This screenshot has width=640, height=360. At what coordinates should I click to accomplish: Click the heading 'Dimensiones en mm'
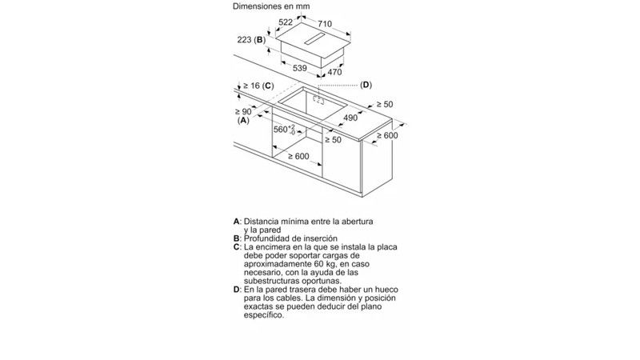coord(271,6)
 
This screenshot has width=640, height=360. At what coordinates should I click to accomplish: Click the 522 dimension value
coord(286,22)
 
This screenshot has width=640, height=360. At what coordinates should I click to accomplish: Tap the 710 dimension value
coord(325,24)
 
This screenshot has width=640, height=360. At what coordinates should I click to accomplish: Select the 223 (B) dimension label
coord(251,39)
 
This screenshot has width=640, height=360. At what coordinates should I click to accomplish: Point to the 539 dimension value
coord(299,68)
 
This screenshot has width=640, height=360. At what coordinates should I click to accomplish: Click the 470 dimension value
coord(334,72)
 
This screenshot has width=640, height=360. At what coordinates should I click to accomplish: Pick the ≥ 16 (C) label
coord(258,86)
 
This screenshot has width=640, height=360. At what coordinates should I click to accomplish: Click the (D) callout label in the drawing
coord(366,85)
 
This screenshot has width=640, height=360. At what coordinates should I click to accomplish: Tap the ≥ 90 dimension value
coord(243,111)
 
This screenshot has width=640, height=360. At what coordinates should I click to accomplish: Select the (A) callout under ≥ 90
coord(243,120)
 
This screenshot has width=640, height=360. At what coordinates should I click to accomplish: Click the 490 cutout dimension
coord(350,118)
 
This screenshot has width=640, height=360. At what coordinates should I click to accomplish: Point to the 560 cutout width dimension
coord(284,130)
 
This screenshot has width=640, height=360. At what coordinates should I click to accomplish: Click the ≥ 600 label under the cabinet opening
coord(298,156)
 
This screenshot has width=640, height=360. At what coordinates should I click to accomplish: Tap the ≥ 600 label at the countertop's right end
coord(387,135)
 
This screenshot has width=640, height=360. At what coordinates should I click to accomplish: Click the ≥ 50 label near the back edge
coord(385,104)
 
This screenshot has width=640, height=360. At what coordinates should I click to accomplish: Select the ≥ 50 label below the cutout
coord(333,139)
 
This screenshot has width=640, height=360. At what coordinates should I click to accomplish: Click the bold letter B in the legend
coord(236,238)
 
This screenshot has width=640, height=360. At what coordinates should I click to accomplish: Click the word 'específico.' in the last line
coord(264,315)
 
